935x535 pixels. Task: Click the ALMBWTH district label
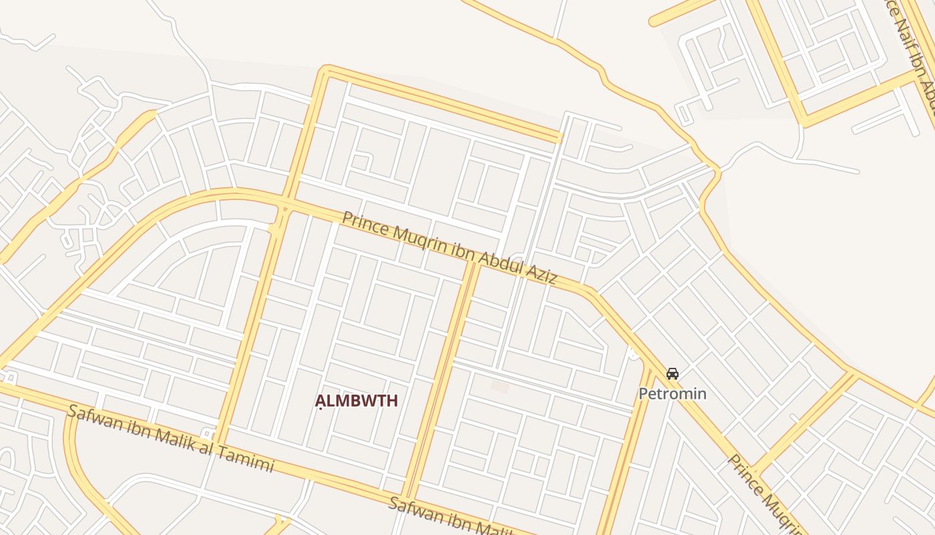[357, 401]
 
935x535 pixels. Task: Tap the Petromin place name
[672, 393]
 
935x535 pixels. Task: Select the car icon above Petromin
[673, 373]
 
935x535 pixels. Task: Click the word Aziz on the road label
[540, 272]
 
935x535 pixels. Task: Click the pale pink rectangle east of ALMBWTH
[500, 387]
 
